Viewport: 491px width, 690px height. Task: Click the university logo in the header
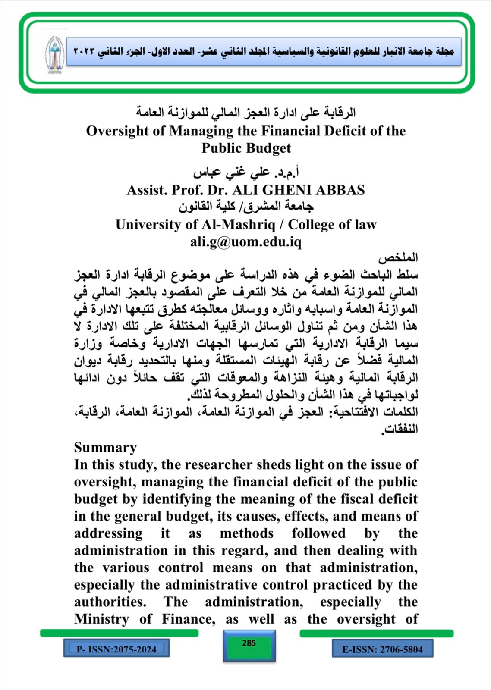[54, 54]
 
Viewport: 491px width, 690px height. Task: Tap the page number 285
[249, 643]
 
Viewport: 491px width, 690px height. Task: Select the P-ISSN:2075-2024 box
[116, 649]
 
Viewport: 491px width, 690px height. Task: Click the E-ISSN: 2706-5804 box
[382, 649]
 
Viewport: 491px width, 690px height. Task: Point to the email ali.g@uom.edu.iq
[245, 242]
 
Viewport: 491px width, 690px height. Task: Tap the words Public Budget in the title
[246, 148]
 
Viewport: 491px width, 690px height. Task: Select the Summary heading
[105, 448]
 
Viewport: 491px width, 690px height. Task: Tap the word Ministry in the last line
[101, 619]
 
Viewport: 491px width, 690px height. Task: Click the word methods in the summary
[246, 533]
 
